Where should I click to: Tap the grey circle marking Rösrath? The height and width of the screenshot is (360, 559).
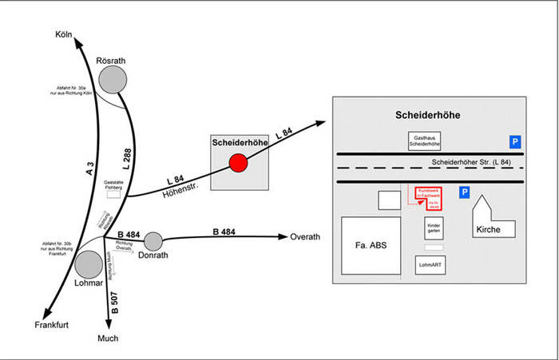click(x=111, y=80)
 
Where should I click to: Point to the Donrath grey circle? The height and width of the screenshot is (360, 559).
click(x=153, y=240)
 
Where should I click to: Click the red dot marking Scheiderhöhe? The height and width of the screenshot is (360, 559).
click(x=238, y=163)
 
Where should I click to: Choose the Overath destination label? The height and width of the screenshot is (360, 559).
click(x=305, y=237)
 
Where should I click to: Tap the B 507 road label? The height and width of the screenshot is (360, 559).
click(x=113, y=302)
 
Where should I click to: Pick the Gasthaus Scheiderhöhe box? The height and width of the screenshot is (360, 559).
click(x=424, y=141)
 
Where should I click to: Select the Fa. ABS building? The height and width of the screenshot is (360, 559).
click(x=373, y=246)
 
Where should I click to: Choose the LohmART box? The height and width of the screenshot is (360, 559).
click(x=430, y=264)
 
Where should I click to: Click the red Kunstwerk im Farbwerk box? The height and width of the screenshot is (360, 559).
click(x=429, y=198)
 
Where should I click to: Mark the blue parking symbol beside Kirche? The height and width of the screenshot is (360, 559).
click(x=464, y=193)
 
